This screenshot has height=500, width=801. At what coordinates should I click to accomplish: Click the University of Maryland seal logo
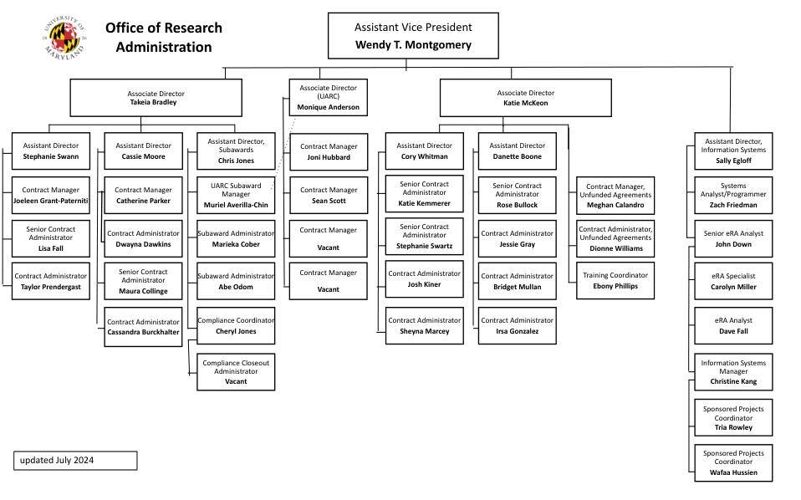point(64,38)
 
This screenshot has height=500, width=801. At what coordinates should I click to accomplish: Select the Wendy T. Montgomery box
point(413,37)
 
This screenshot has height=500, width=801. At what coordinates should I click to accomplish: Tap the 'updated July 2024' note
point(74,461)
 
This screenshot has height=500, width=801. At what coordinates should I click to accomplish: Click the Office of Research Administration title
point(164,38)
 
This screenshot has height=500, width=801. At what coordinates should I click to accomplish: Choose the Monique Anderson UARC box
point(328,98)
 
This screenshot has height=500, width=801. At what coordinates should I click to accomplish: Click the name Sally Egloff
point(732,161)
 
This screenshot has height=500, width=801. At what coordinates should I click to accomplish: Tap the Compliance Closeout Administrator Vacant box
point(236,371)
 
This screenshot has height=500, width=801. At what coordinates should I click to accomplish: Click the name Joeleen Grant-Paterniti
point(50,201)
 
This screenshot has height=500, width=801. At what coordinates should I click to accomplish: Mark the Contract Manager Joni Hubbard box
point(328,151)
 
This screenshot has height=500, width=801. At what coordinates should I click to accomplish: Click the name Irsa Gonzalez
point(517,332)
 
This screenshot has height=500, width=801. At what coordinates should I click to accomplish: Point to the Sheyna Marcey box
point(424,326)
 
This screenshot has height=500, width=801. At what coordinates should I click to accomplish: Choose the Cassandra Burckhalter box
point(143,327)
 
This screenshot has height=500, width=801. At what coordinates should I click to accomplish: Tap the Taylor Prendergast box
point(50,281)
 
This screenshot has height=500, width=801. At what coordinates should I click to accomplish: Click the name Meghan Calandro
point(615,206)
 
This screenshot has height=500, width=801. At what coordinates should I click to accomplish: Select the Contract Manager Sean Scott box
point(328,196)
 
